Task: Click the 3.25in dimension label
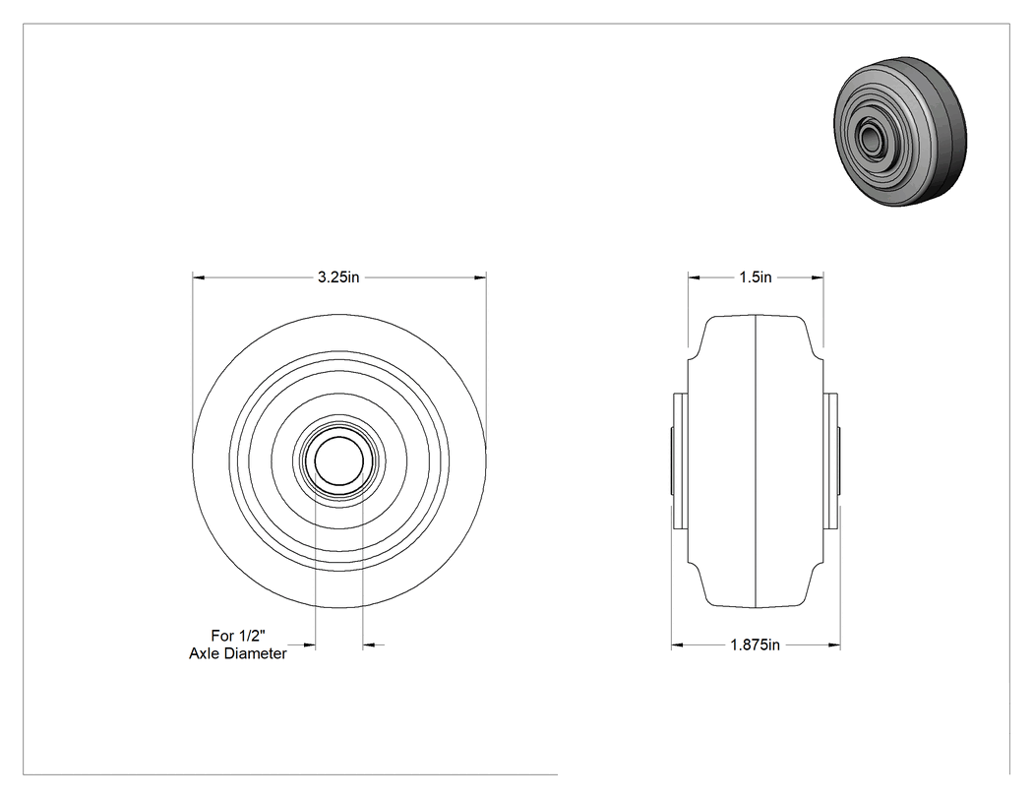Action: pyautogui.click(x=338, y=277)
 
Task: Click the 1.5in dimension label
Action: pyautogui.click(x=755, y=277)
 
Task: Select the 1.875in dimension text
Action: pyautogui.click(x=755, y=645)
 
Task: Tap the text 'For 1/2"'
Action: pyautogui.click(x=238, y=636)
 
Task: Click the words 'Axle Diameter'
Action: pyautogui.click(x=238, y=653)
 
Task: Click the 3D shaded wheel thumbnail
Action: pyautogui.click(x=900, y=131)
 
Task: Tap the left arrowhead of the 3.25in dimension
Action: pyautogui.click(x=199, y=277)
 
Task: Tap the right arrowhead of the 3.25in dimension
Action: pyautogui.click(x=480, y=277)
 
